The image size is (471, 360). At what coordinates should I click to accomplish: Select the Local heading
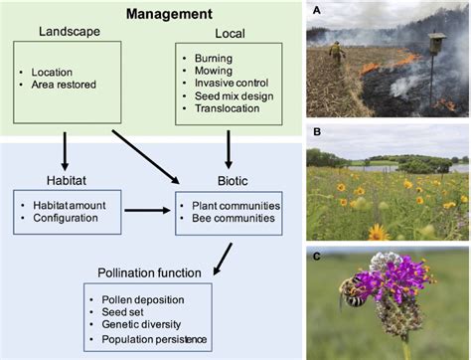pyautogui.click(x=231, y=33)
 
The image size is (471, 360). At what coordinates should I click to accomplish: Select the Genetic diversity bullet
pyautogui.click(x=150, y=325)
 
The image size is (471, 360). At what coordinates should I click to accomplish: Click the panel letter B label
pyautogui.click(x=316, y=131)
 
